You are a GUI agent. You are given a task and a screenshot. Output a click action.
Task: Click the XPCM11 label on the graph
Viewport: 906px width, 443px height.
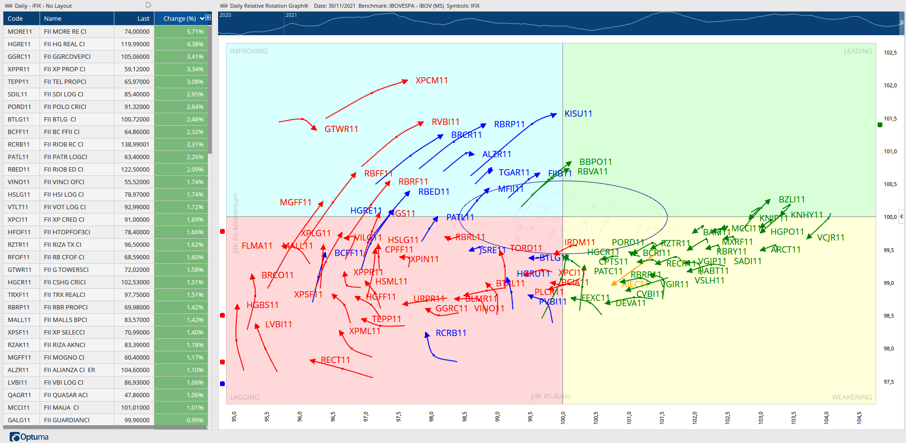click(x=431, y=81)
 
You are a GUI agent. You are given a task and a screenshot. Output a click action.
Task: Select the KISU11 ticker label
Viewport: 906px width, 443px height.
click(x=578, y=114)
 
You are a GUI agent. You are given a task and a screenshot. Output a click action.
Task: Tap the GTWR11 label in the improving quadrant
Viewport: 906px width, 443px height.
click(x=341, y=129)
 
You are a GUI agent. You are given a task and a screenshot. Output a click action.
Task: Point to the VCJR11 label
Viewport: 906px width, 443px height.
click(x=830, y=238)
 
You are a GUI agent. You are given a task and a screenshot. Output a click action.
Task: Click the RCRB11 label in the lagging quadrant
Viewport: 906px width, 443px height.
click(x=451, y=333)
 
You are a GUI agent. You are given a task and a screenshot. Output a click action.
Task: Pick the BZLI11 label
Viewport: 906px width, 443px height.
click(x=791, y=200)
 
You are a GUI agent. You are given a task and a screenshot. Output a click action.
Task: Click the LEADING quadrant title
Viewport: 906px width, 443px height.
click(x=857, y=51)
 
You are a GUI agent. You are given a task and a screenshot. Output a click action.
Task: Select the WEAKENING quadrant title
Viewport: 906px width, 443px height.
click(x=851, y=397)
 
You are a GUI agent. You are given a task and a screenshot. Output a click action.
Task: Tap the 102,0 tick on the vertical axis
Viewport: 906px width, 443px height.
click(x=890, y=85)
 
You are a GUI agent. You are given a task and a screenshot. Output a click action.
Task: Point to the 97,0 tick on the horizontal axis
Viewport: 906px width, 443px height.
click(x=366, y=416)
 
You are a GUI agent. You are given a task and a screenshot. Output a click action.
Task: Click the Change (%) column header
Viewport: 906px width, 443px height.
click(x=179, y=19)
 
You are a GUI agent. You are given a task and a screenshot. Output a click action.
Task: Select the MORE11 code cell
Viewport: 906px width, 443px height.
click(x=20, y=31)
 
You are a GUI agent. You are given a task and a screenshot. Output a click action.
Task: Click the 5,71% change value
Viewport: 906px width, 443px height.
click(x=195, y=31)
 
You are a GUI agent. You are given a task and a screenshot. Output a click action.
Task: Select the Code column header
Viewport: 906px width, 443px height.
click(x=15, y=19)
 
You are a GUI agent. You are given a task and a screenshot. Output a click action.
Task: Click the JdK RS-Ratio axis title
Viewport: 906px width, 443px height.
click(x=550, y=396)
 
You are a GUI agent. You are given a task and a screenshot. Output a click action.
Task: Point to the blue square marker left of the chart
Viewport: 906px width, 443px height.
click(x=222, y=384)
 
